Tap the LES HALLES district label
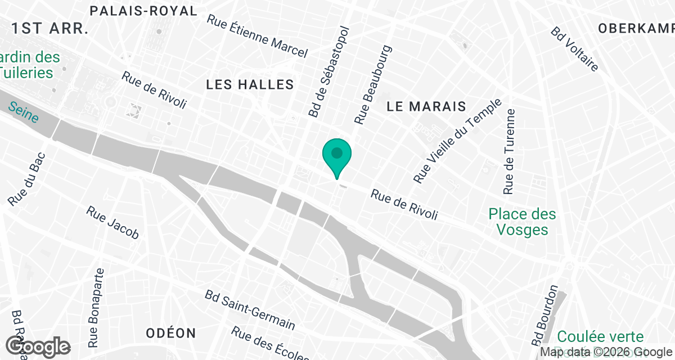(250, 84)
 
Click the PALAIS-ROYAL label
(144, 11)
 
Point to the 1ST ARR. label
(51, 29)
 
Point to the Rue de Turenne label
(510, 151)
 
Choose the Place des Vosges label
(522, 222)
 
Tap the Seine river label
(24, 111)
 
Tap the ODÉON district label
(171, 333)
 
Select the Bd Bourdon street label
(544, 316)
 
